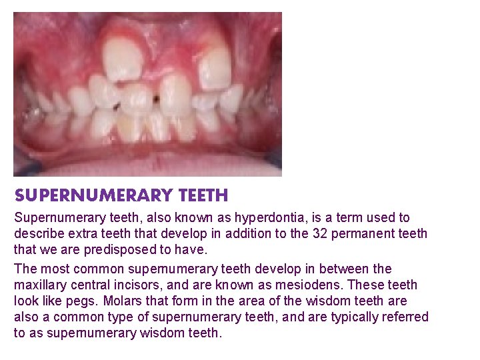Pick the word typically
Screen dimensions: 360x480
point(336,317)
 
